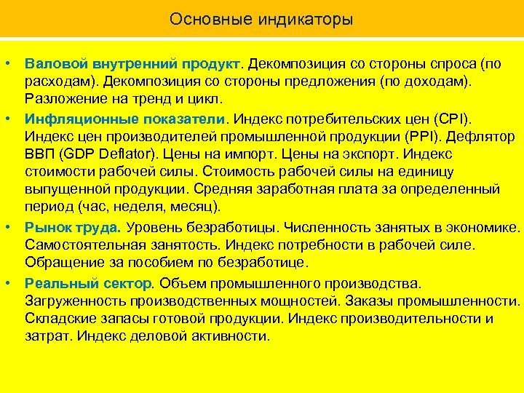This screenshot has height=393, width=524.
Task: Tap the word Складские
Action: pos(57,319)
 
